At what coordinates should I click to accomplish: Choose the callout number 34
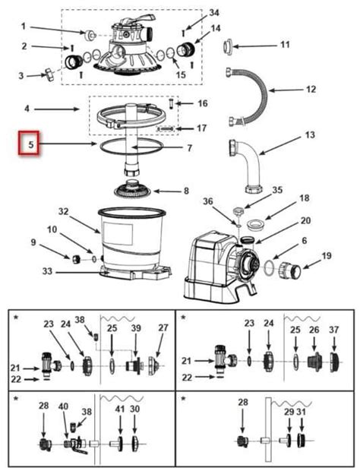[x=213, y=13]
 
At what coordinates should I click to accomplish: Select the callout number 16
[x=202, y=103]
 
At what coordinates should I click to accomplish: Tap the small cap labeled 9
[x=76, y=259]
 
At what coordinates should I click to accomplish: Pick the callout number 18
[x=305, y=198]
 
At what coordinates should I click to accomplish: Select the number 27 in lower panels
[x=162, y=328]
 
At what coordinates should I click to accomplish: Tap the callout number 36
[x=208, y=201]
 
